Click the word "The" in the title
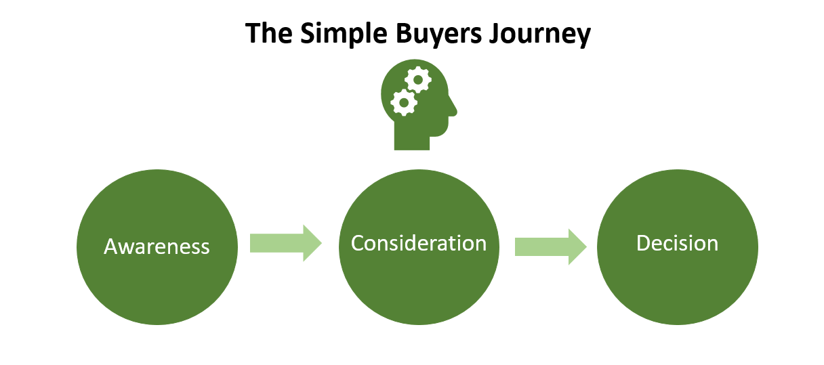tap(269, 33)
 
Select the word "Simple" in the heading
tap(344, 34)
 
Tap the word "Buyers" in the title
tap(438, 34)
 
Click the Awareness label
tap(157, 246)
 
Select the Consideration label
tap(419, 243)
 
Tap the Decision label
tap(677, 243)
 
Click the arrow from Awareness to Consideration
tap(286, 243)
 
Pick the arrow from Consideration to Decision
tap(551, 246)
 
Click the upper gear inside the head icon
tap(418, 80)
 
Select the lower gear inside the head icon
tap(404, 102)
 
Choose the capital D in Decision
tap(644, 243)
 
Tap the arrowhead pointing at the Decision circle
tap(577, 246)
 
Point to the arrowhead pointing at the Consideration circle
tap(312, 243)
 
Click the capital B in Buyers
tap(404, 33)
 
